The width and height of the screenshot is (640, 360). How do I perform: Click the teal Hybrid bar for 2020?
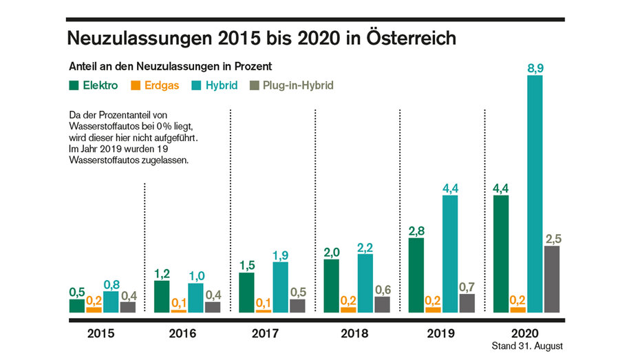(534, 193)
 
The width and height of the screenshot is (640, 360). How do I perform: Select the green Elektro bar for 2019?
(416, 275)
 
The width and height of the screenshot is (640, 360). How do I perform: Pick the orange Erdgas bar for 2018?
(349, 309)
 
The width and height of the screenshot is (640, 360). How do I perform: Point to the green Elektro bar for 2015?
(77, 306)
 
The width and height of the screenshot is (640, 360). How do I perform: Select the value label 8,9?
(534, 67)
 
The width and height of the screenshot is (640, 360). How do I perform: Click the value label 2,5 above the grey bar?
(552, 238)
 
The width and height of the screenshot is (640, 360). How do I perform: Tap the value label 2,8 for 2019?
(416, 230)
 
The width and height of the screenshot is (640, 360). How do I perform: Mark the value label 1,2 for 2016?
(162, 273)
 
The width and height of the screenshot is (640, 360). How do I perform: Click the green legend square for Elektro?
(74, 85)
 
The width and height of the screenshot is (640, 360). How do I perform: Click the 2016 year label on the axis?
(181, 334)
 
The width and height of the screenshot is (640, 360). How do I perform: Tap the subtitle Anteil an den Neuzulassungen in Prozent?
(170, 67)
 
